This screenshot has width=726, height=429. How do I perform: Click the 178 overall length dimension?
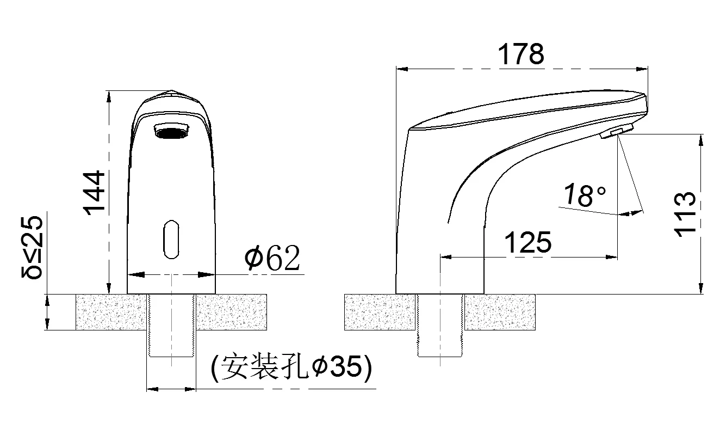pos(521,54)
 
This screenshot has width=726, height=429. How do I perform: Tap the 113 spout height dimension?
pos(686,213)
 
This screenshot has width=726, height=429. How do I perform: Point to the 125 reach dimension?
pos(528,242)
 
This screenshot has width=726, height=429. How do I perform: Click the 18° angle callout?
pos(584,195)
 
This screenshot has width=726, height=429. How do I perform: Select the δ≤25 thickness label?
pos(32,247)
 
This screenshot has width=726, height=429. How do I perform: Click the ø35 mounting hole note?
pos(292,369)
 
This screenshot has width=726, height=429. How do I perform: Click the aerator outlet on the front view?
pos(171,131)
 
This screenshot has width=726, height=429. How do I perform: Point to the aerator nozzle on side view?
pos(617,132)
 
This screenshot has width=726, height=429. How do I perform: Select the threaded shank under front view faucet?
pos(171,326)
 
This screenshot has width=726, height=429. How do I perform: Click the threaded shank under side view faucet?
pos(439,326)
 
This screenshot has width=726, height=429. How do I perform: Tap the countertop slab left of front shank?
pos(111,312)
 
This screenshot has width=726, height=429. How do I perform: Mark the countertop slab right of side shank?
pos(500,312)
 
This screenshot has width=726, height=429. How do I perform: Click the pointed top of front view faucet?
pos(171,92)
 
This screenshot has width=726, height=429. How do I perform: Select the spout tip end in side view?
pos(646,103)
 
